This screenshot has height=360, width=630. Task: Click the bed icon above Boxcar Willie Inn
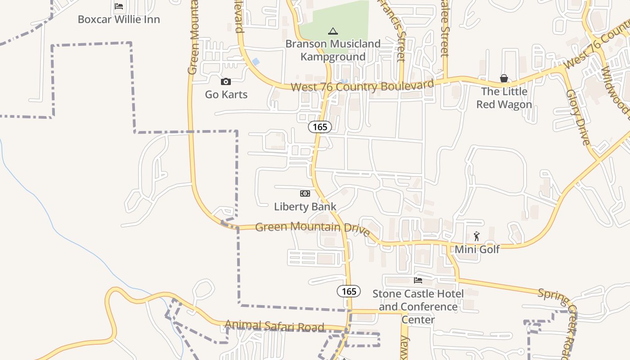(x=119, y=6)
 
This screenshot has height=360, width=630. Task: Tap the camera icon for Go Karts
(x=226, y=81)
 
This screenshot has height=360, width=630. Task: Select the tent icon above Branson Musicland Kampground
(x=333, y=31)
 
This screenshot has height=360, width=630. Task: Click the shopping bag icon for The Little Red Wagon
(x=504, y=79)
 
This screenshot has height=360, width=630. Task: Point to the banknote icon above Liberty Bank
(x=305, y=193)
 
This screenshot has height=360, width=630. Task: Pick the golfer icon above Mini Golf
(x=477, y=236)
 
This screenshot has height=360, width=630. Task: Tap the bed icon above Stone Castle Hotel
(x=418, y=280)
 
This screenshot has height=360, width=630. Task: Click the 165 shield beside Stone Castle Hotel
(x=349, y=291)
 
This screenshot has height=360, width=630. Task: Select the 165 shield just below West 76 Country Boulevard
(x=320, y=127)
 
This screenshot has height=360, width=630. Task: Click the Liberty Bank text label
(x=305, y=207)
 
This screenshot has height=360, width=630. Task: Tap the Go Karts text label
(x=226, y=94)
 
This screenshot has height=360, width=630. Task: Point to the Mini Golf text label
(x=477, y=249)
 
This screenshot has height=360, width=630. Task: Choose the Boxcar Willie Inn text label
(x=119, y=19)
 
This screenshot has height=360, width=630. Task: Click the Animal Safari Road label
(x=274, y=326)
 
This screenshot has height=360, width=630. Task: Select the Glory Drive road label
(x=578, y=117)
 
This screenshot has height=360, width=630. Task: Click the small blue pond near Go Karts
(x=256, y=62)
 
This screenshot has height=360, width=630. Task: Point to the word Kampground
(x=333, y=57)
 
